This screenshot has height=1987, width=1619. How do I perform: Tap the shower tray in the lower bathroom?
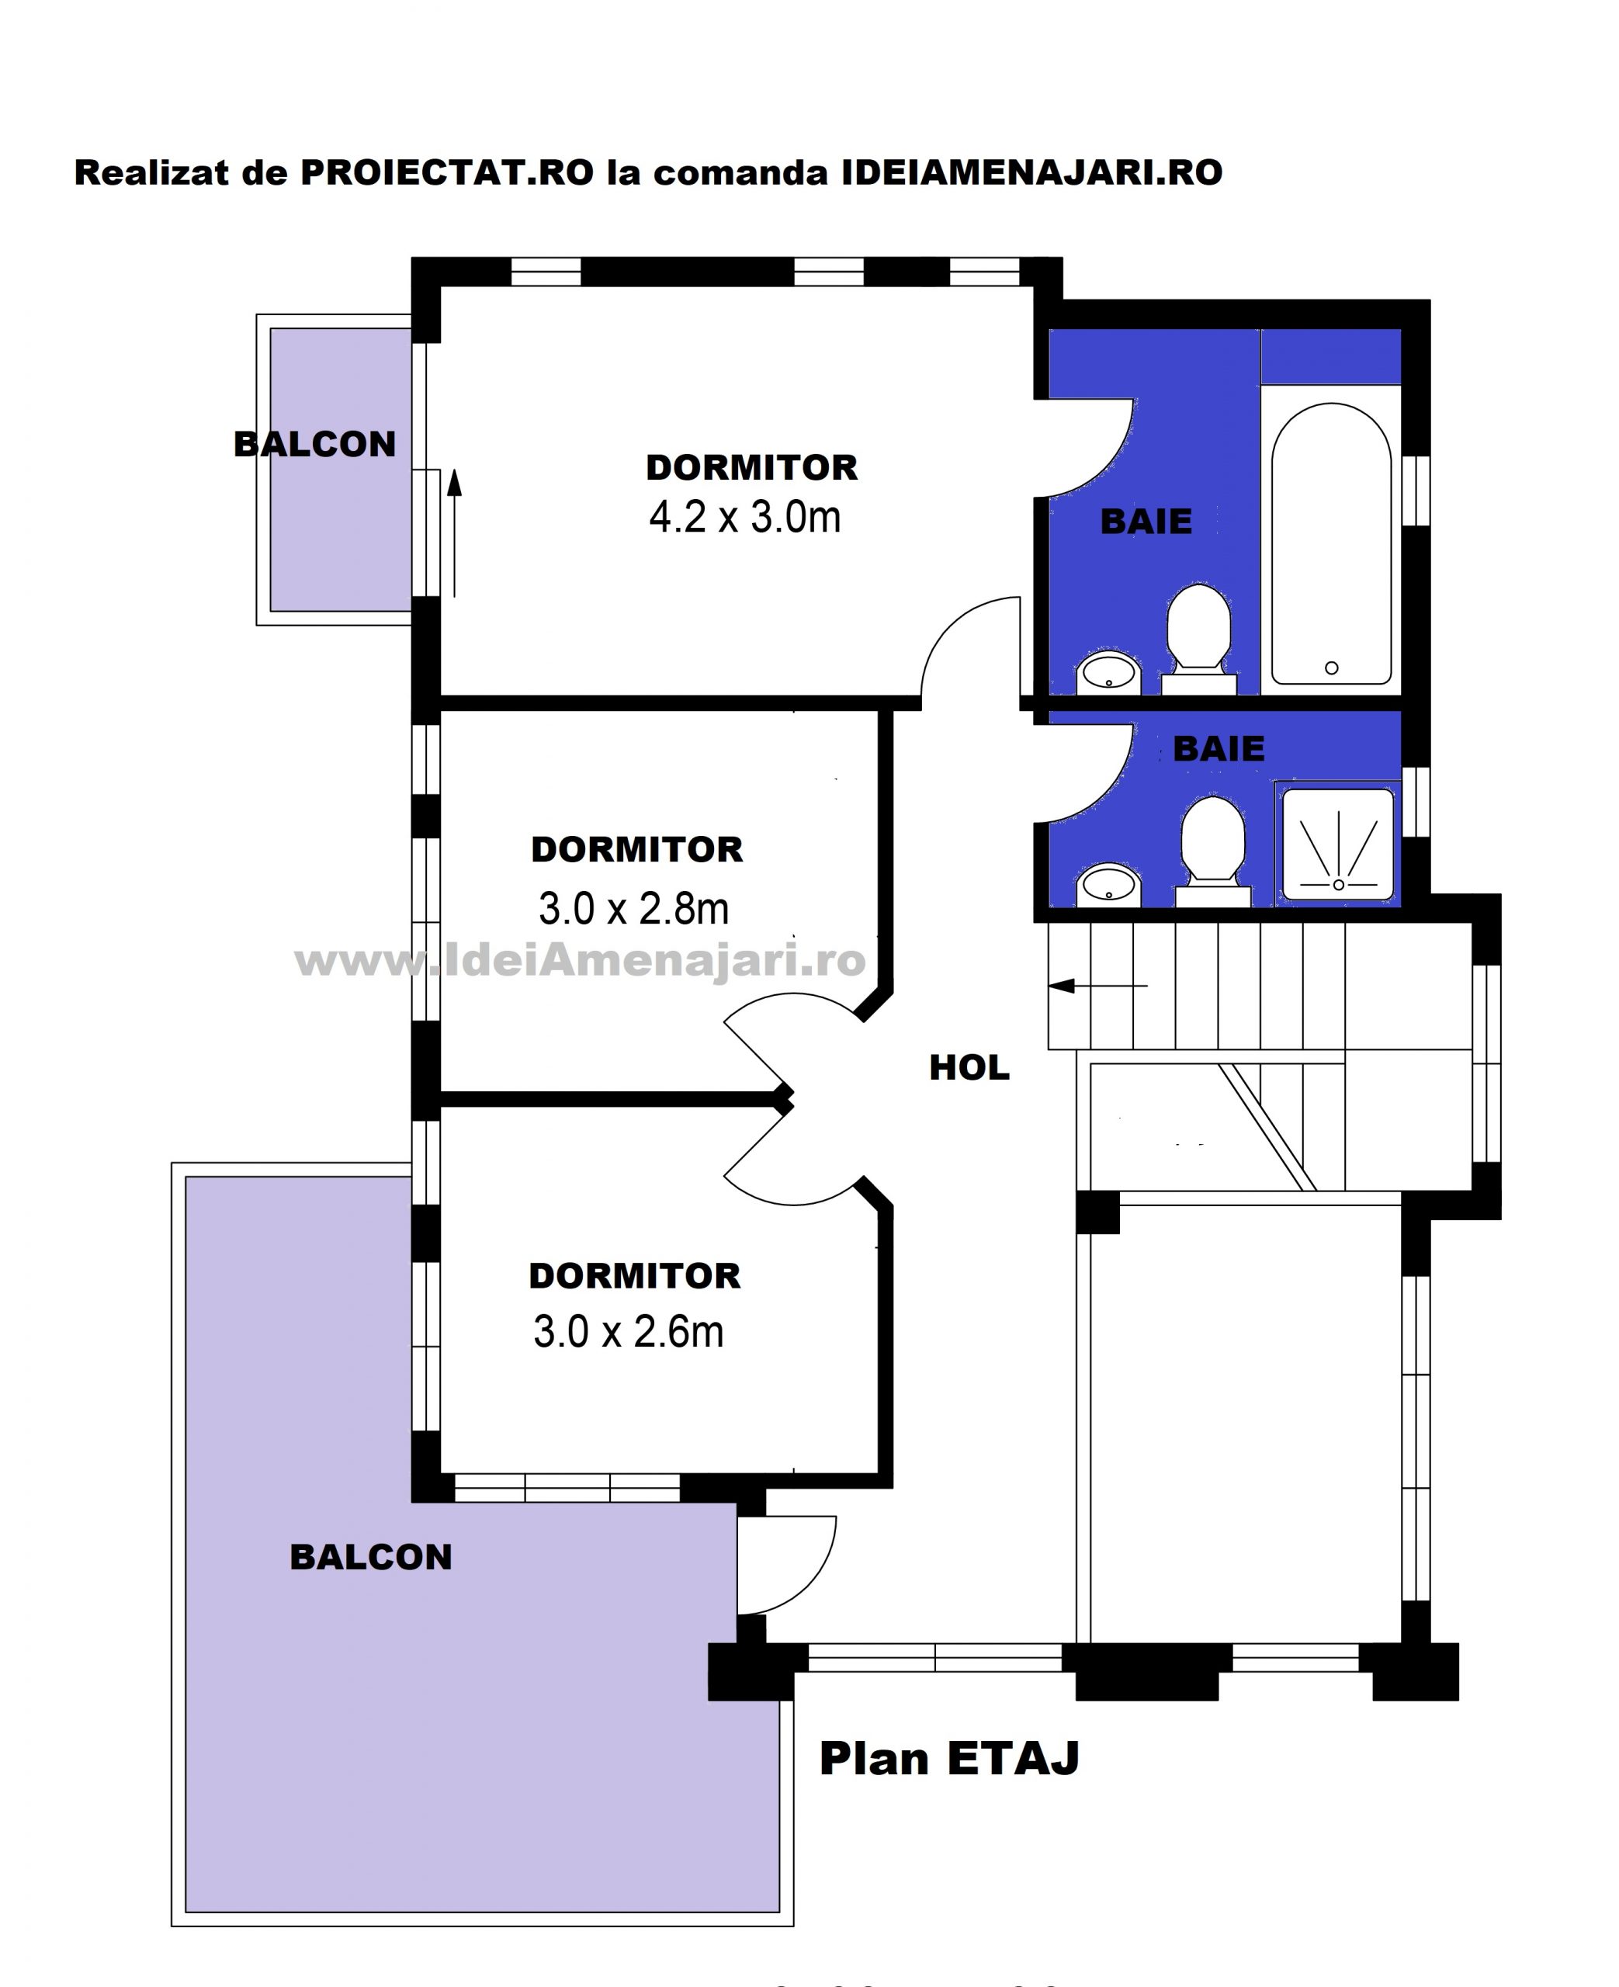tap(1338, 844)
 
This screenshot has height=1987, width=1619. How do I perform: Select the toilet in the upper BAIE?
tap(1199, 639)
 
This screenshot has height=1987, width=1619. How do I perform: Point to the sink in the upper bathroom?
tap(1109, 671)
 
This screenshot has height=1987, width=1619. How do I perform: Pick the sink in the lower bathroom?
tap(1109, 884)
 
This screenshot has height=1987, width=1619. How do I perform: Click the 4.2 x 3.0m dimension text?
tap(744, 517)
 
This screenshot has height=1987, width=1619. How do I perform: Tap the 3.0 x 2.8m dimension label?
tap(633, 908)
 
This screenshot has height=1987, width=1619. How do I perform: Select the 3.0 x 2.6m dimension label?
tap(628, 1331)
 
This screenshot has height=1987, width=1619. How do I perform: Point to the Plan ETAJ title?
tap(949, 1759)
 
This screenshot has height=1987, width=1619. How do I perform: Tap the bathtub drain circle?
tap(1332, 668)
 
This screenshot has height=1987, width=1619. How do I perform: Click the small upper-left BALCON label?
tap(314, 444)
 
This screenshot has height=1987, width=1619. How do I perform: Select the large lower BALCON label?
tap(370, 1557)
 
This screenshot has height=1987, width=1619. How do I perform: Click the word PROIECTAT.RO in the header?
tap(447, 172)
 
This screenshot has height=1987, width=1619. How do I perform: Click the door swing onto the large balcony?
tap(809, 1576)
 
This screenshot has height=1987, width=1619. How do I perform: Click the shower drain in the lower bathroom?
tap(1338, 885)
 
